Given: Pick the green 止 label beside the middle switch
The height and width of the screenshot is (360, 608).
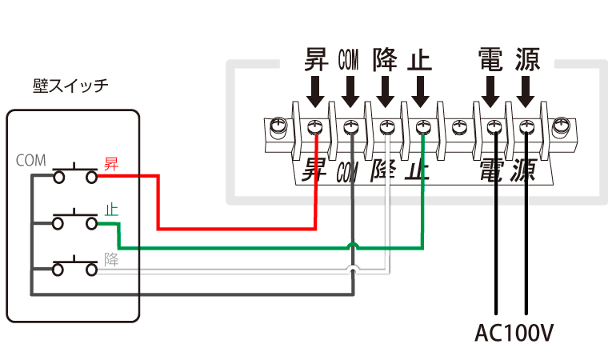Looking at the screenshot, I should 111,210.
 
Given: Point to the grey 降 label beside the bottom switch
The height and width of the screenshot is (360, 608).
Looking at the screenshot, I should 111,259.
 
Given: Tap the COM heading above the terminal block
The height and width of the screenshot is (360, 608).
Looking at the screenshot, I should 350,59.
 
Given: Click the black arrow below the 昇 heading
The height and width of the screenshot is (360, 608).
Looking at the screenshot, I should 317,91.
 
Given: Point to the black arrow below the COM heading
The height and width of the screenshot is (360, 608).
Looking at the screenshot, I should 350,91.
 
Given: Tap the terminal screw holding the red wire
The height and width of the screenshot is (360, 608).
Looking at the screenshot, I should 317,126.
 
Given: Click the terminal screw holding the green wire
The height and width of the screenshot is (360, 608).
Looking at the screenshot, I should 422,126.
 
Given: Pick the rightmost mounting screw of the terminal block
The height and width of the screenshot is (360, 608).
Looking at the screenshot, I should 562,126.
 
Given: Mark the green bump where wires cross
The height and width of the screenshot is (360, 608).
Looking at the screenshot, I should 353,245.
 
